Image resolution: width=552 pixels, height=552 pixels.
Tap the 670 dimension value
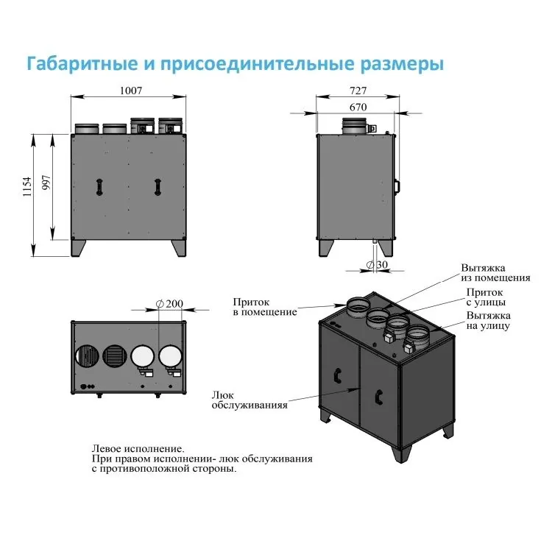pos(358,107)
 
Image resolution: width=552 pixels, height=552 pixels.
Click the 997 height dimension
pos(46,186)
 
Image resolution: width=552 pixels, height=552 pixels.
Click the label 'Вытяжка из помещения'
pos(495,273)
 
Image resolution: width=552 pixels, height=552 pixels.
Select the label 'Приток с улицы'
pos(485,297)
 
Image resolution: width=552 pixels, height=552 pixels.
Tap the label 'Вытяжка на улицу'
pos(487,320)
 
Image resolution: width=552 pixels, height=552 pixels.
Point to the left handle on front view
pos(97,187)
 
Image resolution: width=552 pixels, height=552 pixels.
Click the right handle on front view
pos(157,187)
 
